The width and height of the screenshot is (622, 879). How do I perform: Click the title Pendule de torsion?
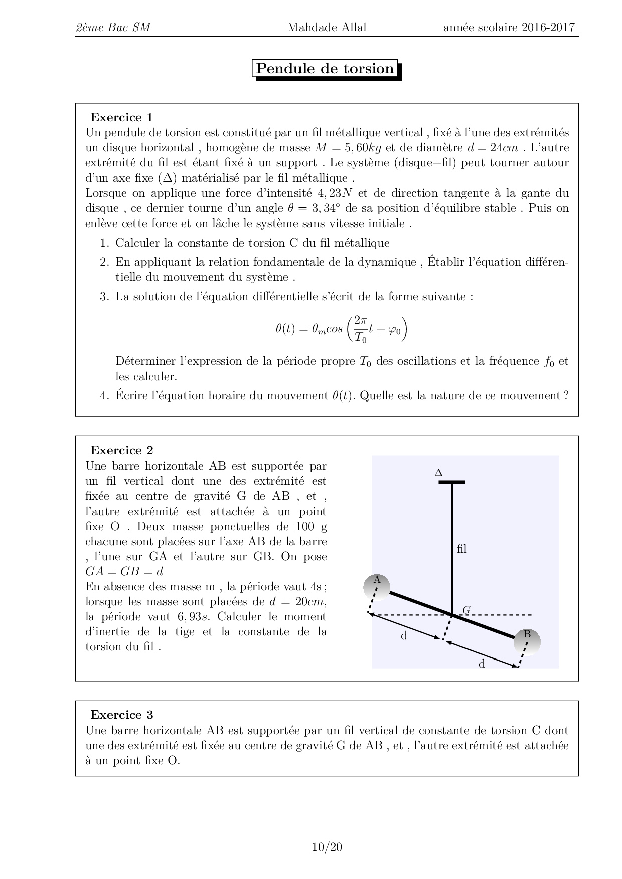click(325, 69)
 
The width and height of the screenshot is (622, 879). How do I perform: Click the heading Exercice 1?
click(121, 117)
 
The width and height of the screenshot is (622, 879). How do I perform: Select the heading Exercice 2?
click(121, 450)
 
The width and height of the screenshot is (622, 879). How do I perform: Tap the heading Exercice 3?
click(121, 715)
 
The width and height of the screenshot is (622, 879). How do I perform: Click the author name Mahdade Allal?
click(327, 27)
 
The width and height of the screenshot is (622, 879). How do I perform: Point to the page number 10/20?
click(327, 847)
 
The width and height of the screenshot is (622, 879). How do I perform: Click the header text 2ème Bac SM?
click(113, 27)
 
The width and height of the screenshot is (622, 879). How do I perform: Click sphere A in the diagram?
click(377, 587)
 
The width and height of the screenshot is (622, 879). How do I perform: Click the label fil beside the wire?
click(462, 549)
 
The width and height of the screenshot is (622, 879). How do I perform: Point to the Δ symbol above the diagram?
click(438, 473)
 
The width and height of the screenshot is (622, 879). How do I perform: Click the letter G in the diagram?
click(466, 610)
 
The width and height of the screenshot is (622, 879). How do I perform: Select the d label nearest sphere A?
click(404, 636)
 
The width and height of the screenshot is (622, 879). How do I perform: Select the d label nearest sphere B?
click(482, 664)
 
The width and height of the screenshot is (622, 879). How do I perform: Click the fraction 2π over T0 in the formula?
click(361, 329)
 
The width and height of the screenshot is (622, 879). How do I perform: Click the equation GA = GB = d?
click(124, 571)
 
